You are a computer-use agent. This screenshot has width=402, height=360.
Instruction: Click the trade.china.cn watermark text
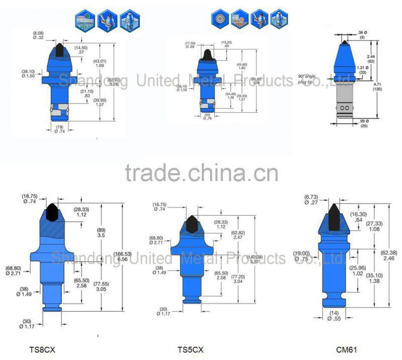(x=201, y=173)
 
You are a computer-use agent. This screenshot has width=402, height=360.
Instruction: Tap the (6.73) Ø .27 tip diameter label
(x=309, y=199)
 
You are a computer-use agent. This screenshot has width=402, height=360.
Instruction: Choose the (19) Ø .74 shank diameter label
(x=60, y=128)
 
